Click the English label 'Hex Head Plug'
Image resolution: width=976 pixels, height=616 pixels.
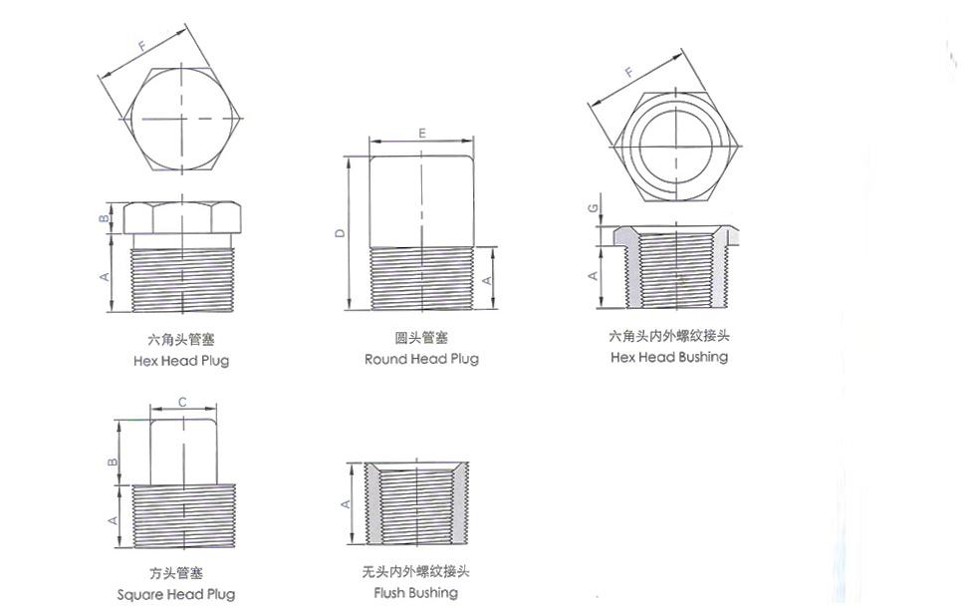click(x=181, y=360)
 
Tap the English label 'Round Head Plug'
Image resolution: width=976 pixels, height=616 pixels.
click(x=421, y=358)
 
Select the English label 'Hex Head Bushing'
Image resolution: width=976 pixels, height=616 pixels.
click(x=669, y=356)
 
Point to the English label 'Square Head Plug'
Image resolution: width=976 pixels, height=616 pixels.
click(x=176, y=594)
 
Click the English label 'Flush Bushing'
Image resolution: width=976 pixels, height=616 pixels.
click(x=415, y=592)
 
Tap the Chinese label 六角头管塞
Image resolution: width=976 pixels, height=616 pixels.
click(x=181, y=340)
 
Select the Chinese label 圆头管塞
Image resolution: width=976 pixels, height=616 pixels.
click(x=421, y=338)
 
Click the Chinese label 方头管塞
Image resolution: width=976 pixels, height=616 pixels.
click(x=176, y=573)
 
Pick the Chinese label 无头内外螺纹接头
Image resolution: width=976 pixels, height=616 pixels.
click(x=415, y=572)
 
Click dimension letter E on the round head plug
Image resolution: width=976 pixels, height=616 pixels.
click(x=422, y=133)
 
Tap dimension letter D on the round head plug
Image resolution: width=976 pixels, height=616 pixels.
click(x=340, y=232)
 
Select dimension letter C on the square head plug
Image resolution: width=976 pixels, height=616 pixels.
click(x=182, y=402)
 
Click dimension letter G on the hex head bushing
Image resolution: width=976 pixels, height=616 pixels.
click(x=593, y=208)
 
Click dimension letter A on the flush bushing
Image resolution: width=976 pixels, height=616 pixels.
click(x=346, y=503)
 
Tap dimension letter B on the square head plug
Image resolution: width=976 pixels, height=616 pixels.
click(x=114, y=461)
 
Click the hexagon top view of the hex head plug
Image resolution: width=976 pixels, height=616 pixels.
click(x=182, y=119)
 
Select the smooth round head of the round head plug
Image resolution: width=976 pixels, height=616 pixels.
click(x=422, y=199)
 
